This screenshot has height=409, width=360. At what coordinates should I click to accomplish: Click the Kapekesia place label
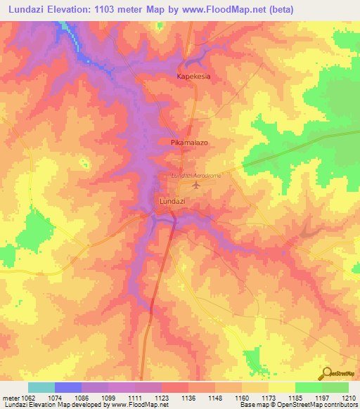193,76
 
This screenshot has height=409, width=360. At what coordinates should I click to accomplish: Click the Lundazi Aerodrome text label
196,176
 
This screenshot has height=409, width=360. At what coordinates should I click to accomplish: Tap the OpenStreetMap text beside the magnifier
342,374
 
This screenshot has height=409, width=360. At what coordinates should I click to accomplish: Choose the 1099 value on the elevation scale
108,397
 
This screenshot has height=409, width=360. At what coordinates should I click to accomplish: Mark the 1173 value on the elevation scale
268,397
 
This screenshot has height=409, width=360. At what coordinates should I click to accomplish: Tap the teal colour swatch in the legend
41,387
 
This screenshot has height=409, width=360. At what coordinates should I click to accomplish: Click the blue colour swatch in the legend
68,387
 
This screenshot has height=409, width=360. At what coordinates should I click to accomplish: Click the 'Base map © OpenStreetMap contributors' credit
297,405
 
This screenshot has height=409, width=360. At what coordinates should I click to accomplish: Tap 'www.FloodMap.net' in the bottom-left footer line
138,405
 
